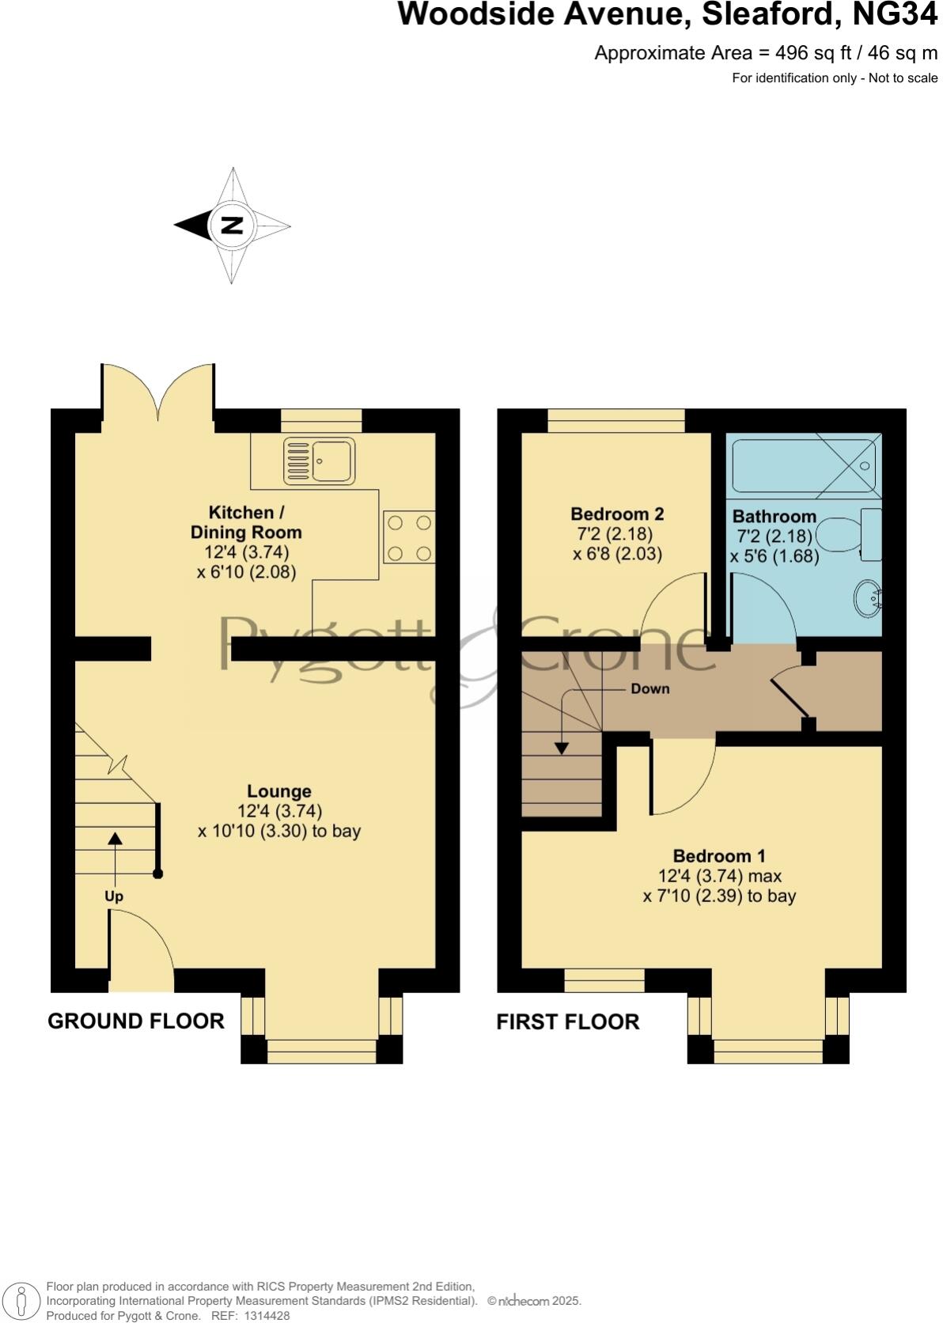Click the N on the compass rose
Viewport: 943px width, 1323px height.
[231, 226]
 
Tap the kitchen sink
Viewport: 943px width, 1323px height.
[320, 461]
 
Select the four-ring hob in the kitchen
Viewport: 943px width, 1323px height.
[409, 537]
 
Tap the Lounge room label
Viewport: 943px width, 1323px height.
[278, 791]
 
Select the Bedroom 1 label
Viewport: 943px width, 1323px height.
[718, 855]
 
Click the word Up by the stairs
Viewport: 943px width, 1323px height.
[114, 897]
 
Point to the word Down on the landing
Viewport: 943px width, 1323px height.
[649, 689]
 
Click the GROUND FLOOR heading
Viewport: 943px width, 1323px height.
[136, 1021]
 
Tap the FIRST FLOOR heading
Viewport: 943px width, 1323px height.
[567, 1022]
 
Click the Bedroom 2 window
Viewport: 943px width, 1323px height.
[616, 421]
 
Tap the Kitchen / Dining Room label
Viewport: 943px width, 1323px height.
[246, 522]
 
